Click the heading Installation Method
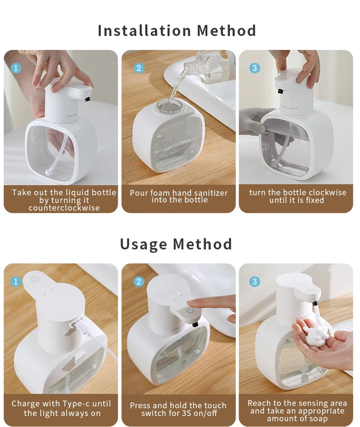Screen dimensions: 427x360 click(x=177, y=31)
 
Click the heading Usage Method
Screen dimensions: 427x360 click(x=176, y=244)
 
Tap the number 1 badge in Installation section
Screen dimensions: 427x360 click(x=16, y=68)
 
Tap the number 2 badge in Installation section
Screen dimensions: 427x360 click(x=139, y=68)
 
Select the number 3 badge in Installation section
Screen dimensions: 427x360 click(x=254, y=68)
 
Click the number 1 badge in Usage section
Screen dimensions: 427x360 click(x=16, y=282)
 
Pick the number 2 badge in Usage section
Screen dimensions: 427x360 click(x=139, y=282)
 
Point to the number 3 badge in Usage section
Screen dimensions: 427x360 click(x=254, y=282)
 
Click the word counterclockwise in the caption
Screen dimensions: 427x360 click(x=64, y=208)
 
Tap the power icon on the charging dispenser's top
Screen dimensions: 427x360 click(x=34, y=279)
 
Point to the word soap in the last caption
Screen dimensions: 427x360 click(x=319, y=419)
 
